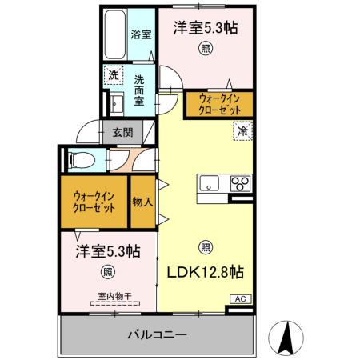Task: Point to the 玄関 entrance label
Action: coord(122,133)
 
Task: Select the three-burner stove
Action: coord(240,182)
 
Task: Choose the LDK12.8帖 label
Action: coord(205,272)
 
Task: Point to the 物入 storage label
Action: coord(142,202)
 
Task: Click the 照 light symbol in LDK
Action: coord(205,247)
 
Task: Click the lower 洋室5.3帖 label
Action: coord(109,250)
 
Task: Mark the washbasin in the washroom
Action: coord(114,104)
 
